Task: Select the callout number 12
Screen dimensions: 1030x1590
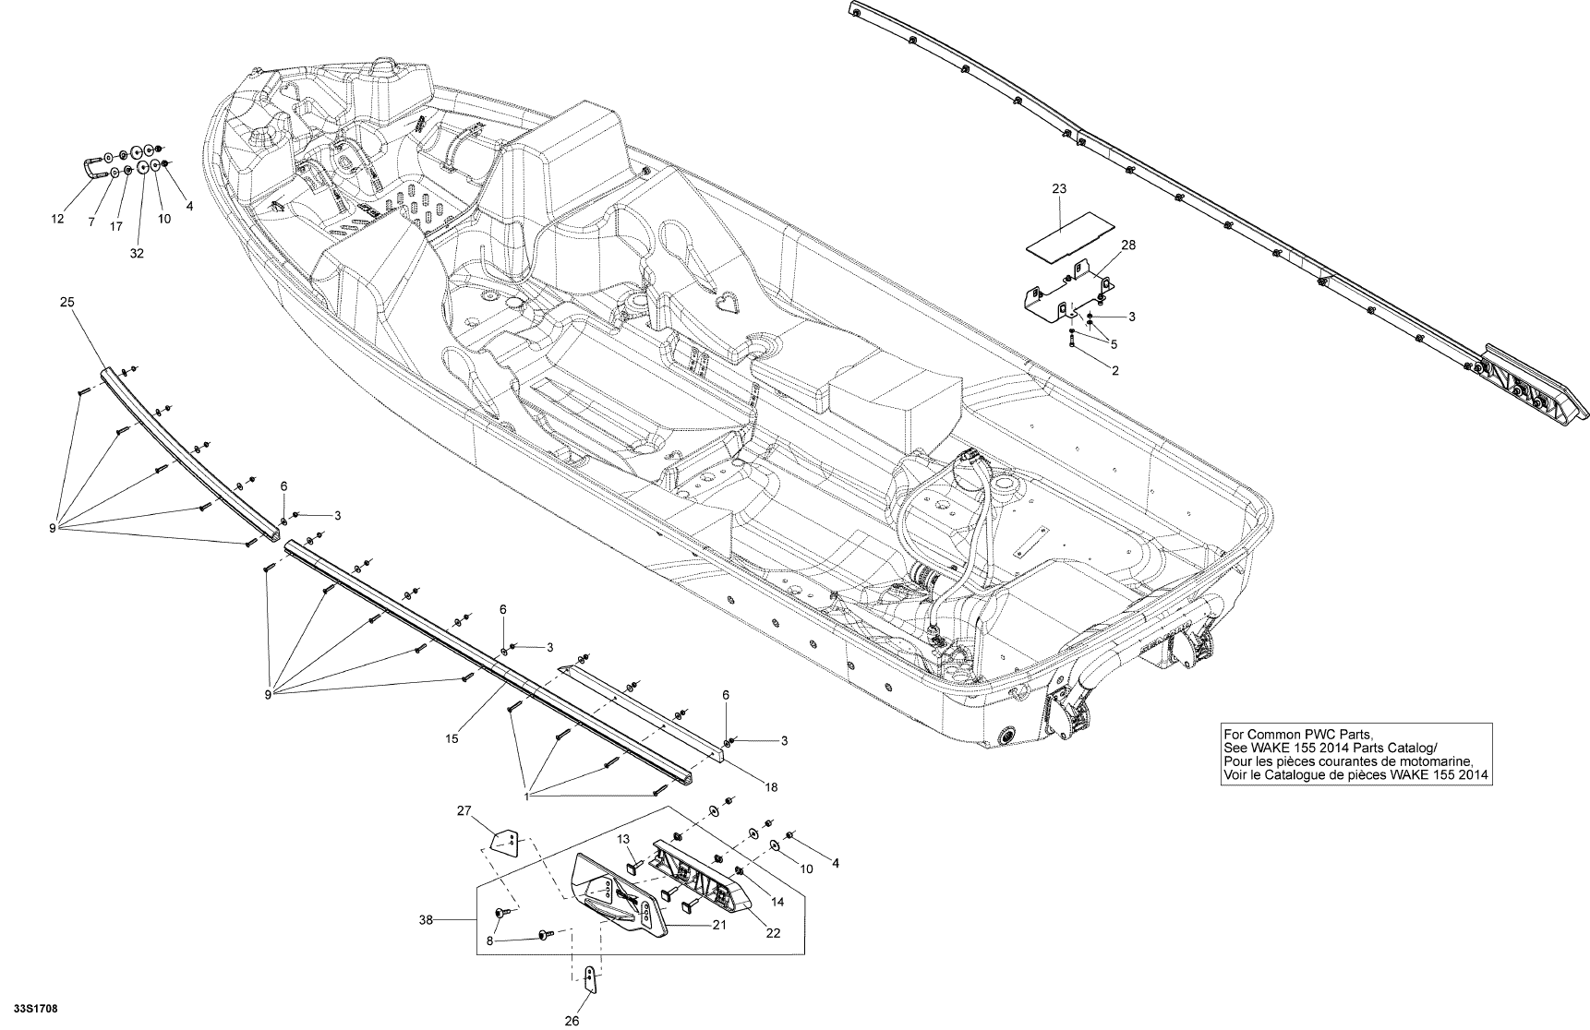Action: coord(57,219)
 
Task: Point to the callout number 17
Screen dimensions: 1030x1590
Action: coord(116,225)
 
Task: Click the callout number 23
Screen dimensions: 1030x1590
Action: coord(1059,188)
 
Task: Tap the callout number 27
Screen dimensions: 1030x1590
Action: coord(464,810)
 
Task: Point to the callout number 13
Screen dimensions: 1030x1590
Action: coord(623,838)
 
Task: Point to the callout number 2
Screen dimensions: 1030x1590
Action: coord(1115,370)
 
